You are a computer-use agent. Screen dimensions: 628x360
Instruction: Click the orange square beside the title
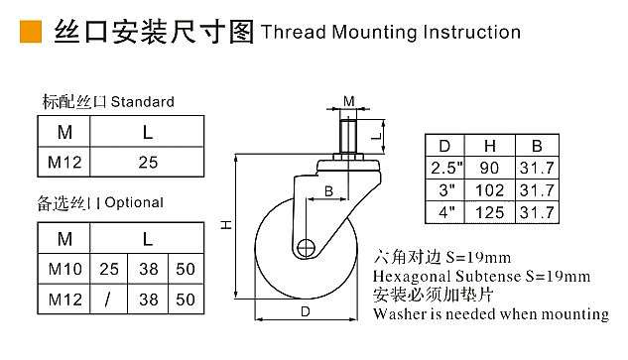point(31,31)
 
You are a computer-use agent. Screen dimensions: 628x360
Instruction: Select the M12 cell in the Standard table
point(64,163)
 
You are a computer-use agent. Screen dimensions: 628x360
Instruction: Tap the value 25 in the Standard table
point(148,163)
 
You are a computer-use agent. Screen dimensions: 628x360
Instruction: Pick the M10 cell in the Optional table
point(64,269)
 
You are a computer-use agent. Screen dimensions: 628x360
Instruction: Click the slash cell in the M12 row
point(107,300)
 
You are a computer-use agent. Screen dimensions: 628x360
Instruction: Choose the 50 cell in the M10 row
point(186,269)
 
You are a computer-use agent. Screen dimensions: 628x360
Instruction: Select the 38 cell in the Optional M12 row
point(149,300)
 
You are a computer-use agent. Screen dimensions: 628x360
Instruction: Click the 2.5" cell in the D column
point(446,168)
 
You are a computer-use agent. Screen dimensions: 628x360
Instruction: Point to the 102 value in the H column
point(489,190)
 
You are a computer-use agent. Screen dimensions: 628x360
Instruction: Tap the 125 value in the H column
point(489,212)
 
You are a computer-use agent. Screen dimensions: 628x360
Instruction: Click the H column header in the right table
point(490,146)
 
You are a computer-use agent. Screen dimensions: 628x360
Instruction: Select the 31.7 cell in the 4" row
point(537,212)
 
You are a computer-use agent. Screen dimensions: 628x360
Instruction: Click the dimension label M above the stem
point(349,101)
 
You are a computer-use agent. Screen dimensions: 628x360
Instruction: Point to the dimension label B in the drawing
point(328,191)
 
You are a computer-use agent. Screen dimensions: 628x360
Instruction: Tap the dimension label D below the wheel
point(306,311)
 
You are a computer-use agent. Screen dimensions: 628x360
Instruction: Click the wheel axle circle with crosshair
point(307,248)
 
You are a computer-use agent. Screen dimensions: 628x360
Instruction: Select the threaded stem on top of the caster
point(348,135)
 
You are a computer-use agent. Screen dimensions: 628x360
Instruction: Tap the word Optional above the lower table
point(134,202)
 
